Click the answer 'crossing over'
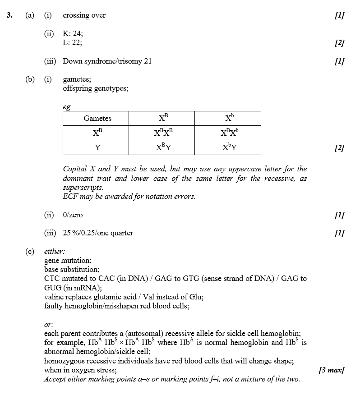[x=84, y=15]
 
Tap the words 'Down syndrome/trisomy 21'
[x=107, y=61]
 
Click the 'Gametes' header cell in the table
[x=97, y=119]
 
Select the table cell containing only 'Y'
[x=97, y=147]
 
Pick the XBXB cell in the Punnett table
[x=163, y=133]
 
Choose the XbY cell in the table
[x=229, y=147]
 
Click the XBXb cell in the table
[x=229, y=133]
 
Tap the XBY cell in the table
[x=163, y=147]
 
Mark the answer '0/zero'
[x=73, y=215]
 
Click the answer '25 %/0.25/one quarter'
[x=98, y=233]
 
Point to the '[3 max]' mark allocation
[x=331, y=370]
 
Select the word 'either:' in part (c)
[x=54, y=252]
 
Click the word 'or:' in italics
[x=49, y=325]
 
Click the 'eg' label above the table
[x=66, y=107]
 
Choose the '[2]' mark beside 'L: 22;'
[x=339, y=43]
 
